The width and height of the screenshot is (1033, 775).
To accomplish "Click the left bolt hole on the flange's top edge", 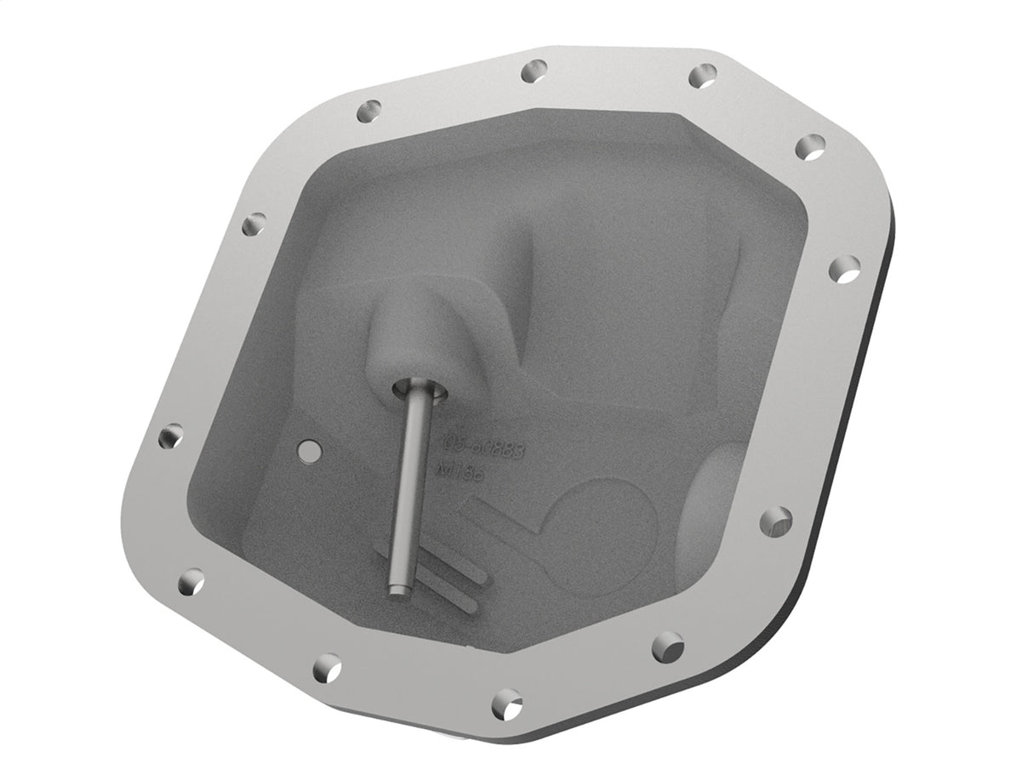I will coord(534,71).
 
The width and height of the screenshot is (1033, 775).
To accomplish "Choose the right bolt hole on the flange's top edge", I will coord(702,76).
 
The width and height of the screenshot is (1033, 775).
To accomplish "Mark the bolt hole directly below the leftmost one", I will coord(192,581).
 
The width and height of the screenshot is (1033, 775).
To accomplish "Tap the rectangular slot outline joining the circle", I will coord(502,523).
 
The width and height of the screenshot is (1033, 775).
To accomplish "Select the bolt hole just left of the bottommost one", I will coord(328,666).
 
